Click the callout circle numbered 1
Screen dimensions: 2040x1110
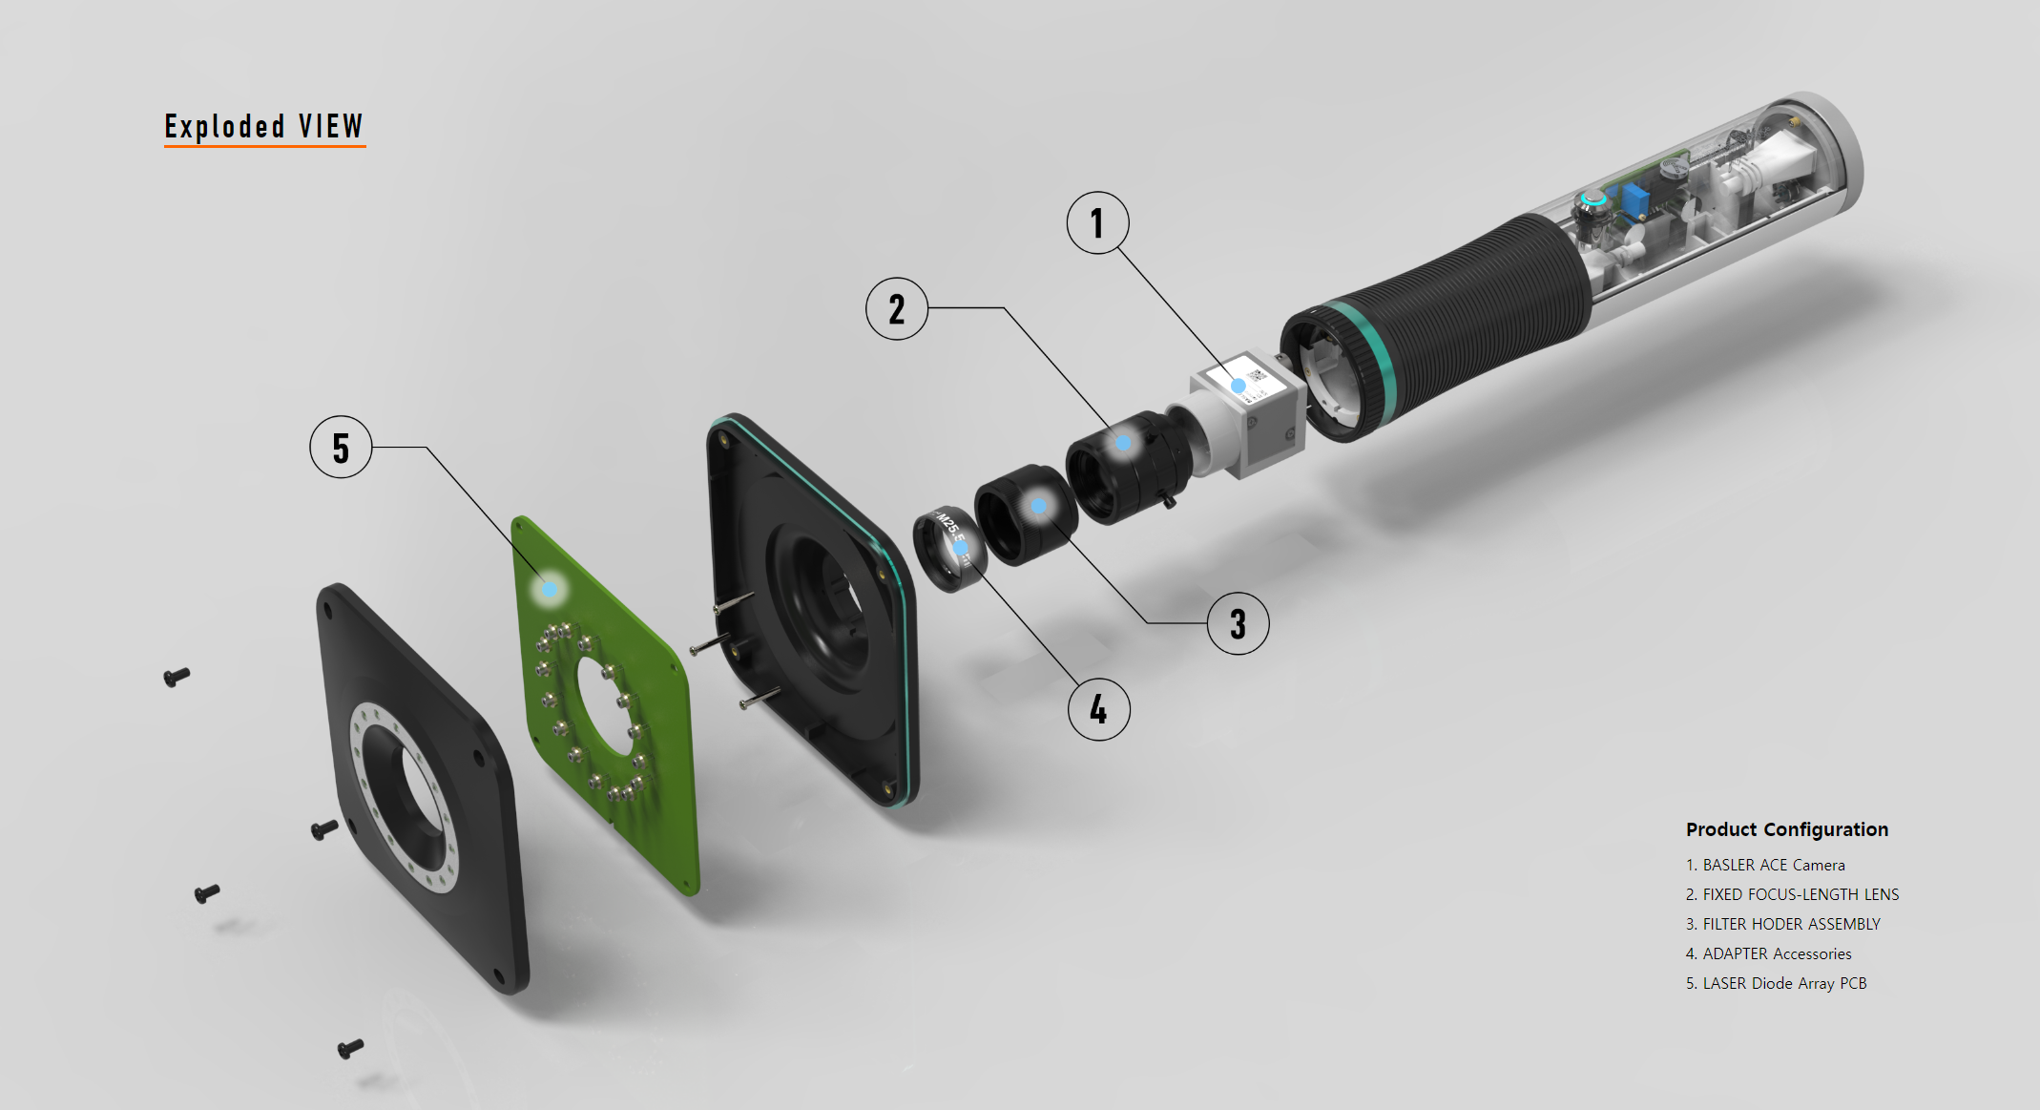tap(1097, 223)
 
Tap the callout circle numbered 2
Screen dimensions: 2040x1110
tap(897, 309)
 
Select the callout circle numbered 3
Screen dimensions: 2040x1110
tap(1238, 624)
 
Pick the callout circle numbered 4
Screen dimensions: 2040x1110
tap(1099, 710)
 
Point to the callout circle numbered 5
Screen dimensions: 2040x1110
tap(341, 448)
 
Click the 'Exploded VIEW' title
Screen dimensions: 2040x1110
tap(264, 127)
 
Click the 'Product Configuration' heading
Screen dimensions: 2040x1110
tap(1787, 829)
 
